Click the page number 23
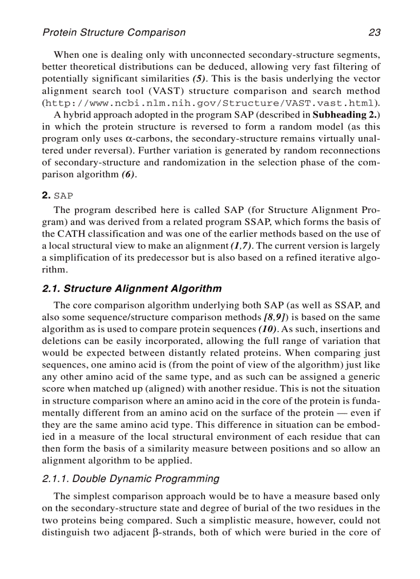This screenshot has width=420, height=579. [374, 32]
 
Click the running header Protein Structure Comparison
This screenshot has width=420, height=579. [114, 32]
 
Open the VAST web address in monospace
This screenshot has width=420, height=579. [211, 103]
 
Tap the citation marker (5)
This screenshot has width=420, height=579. [199, 79]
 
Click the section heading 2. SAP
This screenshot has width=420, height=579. [58, 196]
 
